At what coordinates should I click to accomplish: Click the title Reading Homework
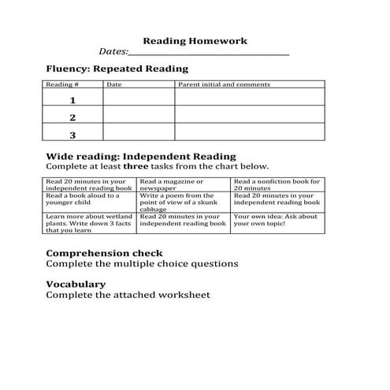pos(195,41)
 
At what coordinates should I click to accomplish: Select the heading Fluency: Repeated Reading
pos(117,69)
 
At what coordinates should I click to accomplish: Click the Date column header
pos(113,84)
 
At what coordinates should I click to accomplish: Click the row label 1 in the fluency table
pos(72,100)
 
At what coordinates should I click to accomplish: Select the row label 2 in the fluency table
pos(72,117)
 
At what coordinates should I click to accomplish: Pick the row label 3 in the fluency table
pos(72,135)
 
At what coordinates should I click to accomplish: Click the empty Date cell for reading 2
pos(138,117)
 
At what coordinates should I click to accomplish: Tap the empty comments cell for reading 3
pos(249,135)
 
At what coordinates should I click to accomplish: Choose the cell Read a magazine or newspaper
pos(183,185)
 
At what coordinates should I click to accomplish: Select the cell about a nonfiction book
pos(277,185)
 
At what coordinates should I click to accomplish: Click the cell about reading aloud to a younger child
pos(89,199)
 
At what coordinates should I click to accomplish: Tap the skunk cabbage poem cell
pos(183,202)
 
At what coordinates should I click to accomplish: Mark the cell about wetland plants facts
pos(89,223)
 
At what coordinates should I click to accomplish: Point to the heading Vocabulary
pos(76,284)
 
